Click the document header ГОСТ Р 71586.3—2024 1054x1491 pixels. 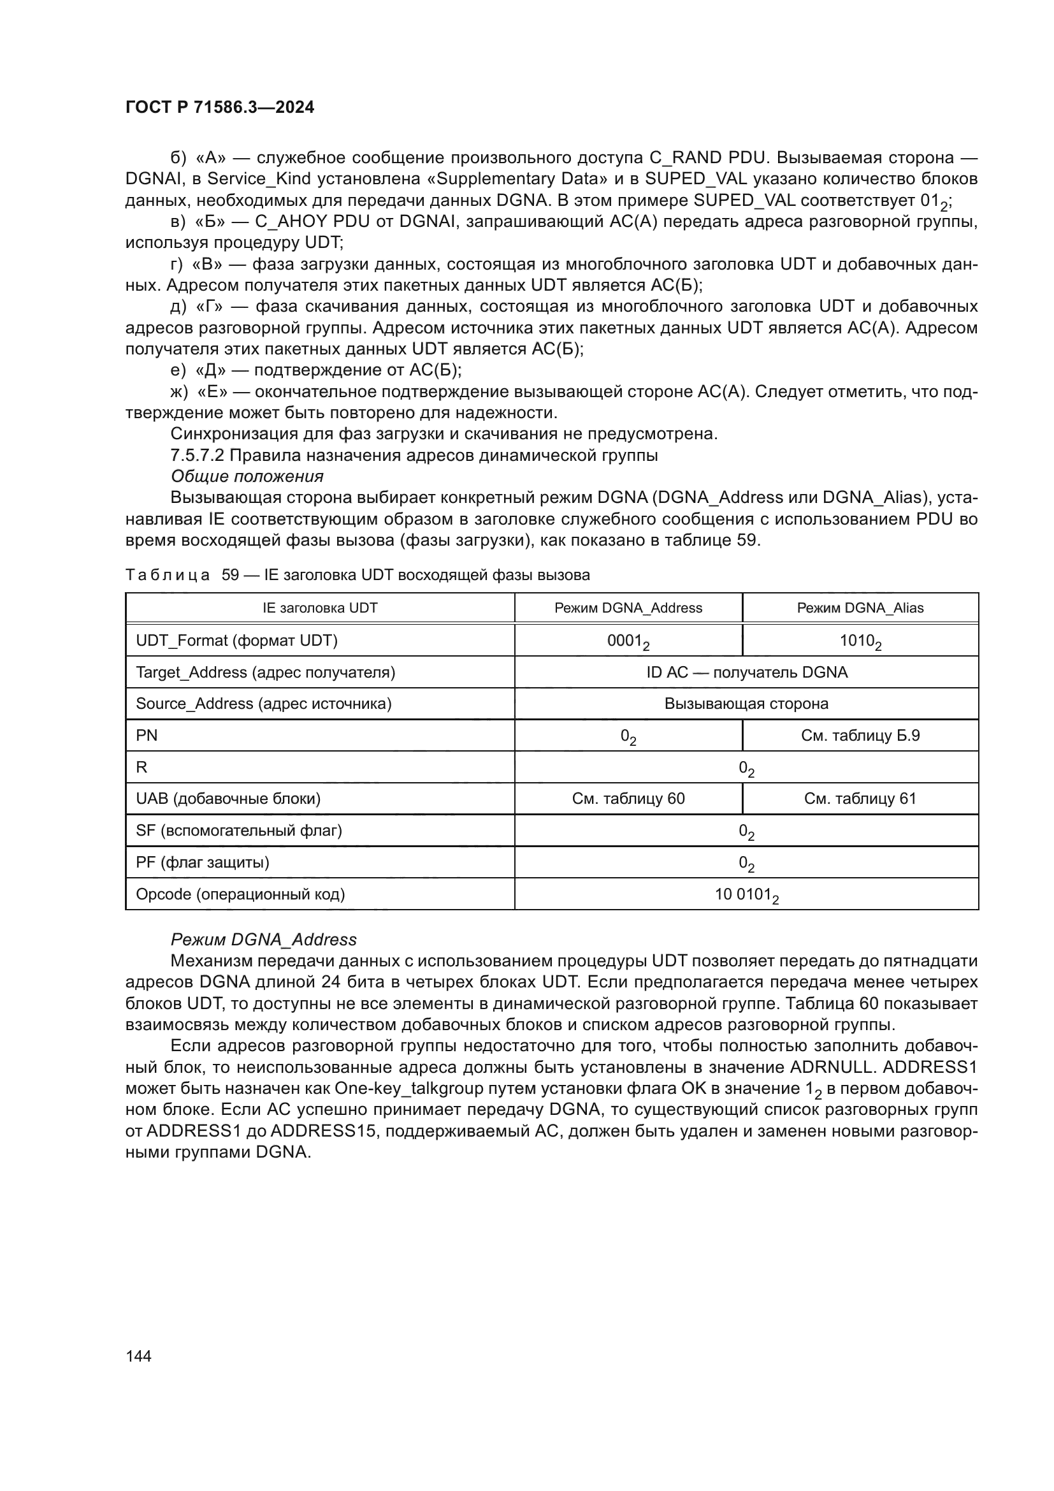click(x=219, y=107)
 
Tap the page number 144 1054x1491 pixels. click(x=138, y=1356)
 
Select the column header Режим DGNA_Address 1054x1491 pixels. click(x=628, y=608)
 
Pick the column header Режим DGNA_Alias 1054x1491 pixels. click(x=859, y=608)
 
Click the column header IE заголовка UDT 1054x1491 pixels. click(x=319, y=608)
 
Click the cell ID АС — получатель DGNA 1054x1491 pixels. click(x=746, y=672)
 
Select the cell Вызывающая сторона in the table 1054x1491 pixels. click(x=746, y=704)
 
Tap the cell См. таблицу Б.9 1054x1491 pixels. click(x=859, y=736)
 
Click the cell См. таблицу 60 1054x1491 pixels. click(x=628, y=799)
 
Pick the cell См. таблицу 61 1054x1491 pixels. click(x=859, y=799)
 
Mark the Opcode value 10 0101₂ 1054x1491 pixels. click(x=746, y=895)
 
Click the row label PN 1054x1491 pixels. click(x=147, y=736)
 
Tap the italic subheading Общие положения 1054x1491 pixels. click(x=247, y=477)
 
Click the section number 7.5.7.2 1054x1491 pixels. click(x=198, y=455)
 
